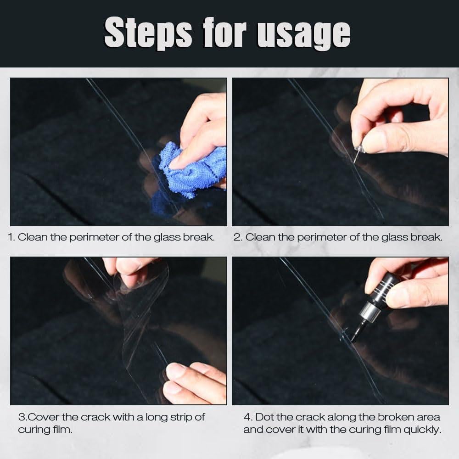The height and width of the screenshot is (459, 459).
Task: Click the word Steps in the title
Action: coord(148,33)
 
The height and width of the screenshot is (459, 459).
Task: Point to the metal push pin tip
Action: coord(354,160)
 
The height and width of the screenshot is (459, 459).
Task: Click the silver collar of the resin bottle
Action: coord(367,313)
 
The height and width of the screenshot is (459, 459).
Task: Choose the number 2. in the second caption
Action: coord(238,237)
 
